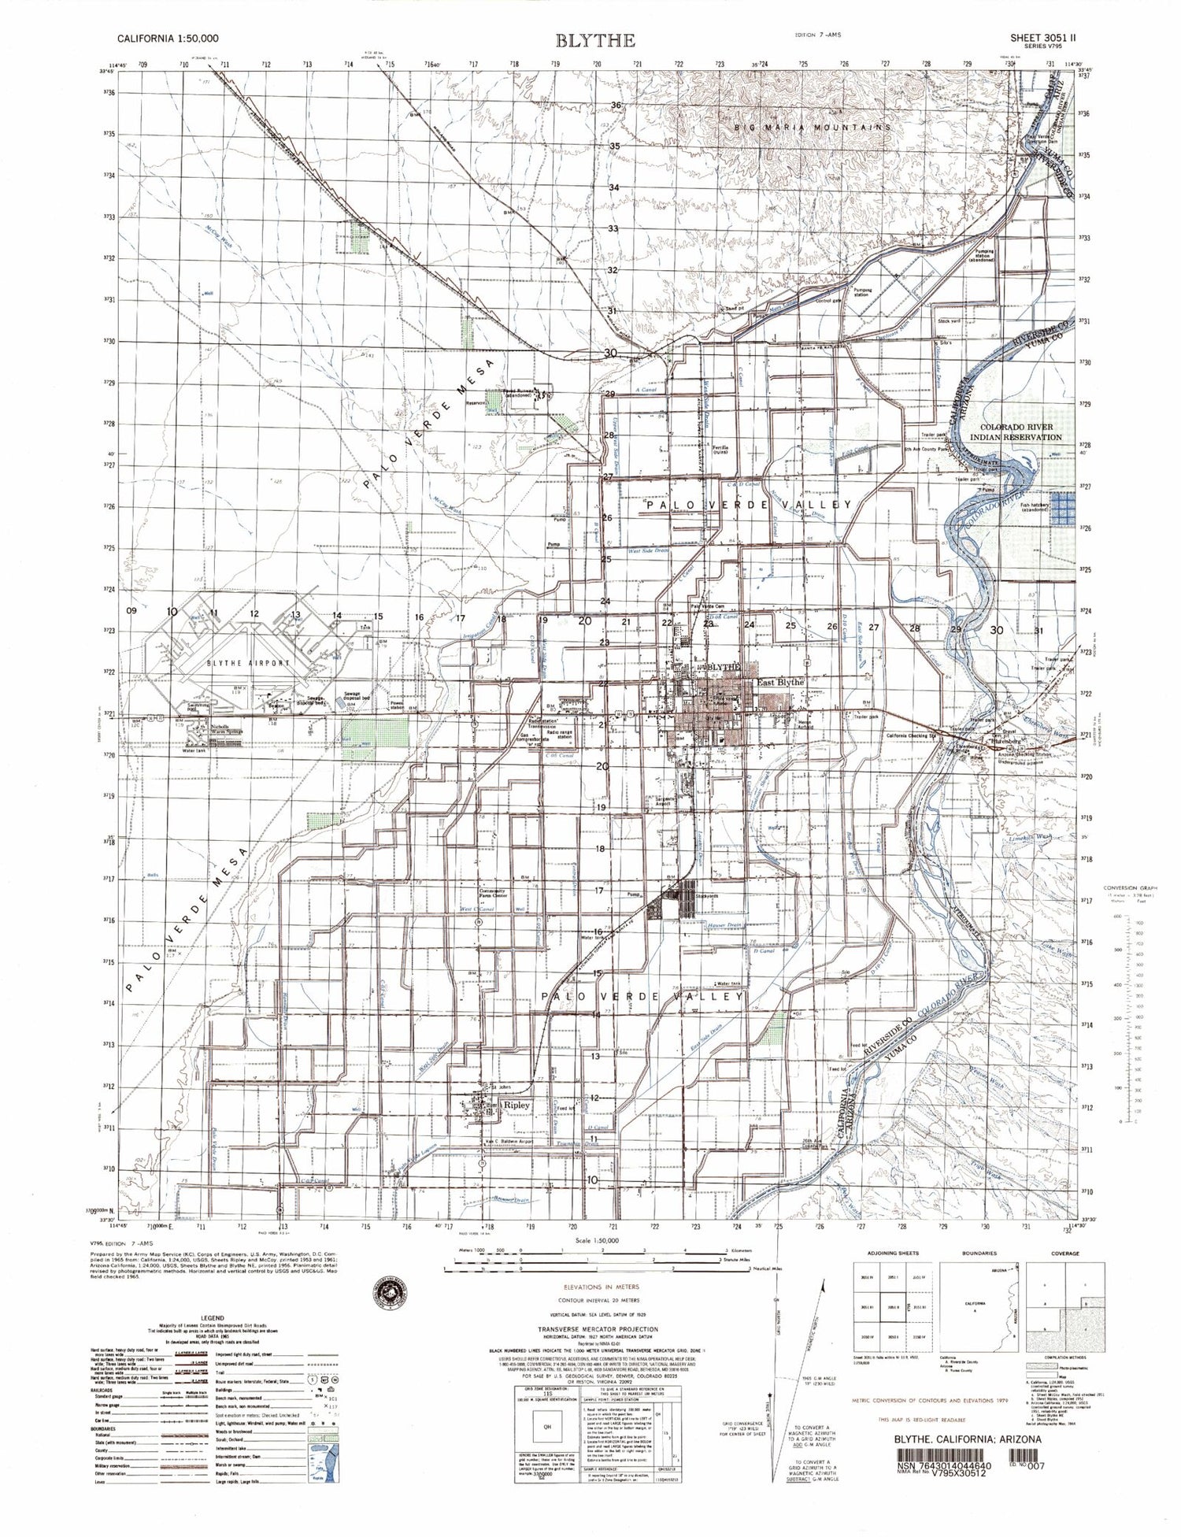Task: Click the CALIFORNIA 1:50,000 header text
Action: click(168, 38)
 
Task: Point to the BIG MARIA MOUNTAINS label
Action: click(813, 127)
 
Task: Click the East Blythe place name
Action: click(779, 682)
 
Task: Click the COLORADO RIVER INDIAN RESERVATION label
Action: click(1016, 431)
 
